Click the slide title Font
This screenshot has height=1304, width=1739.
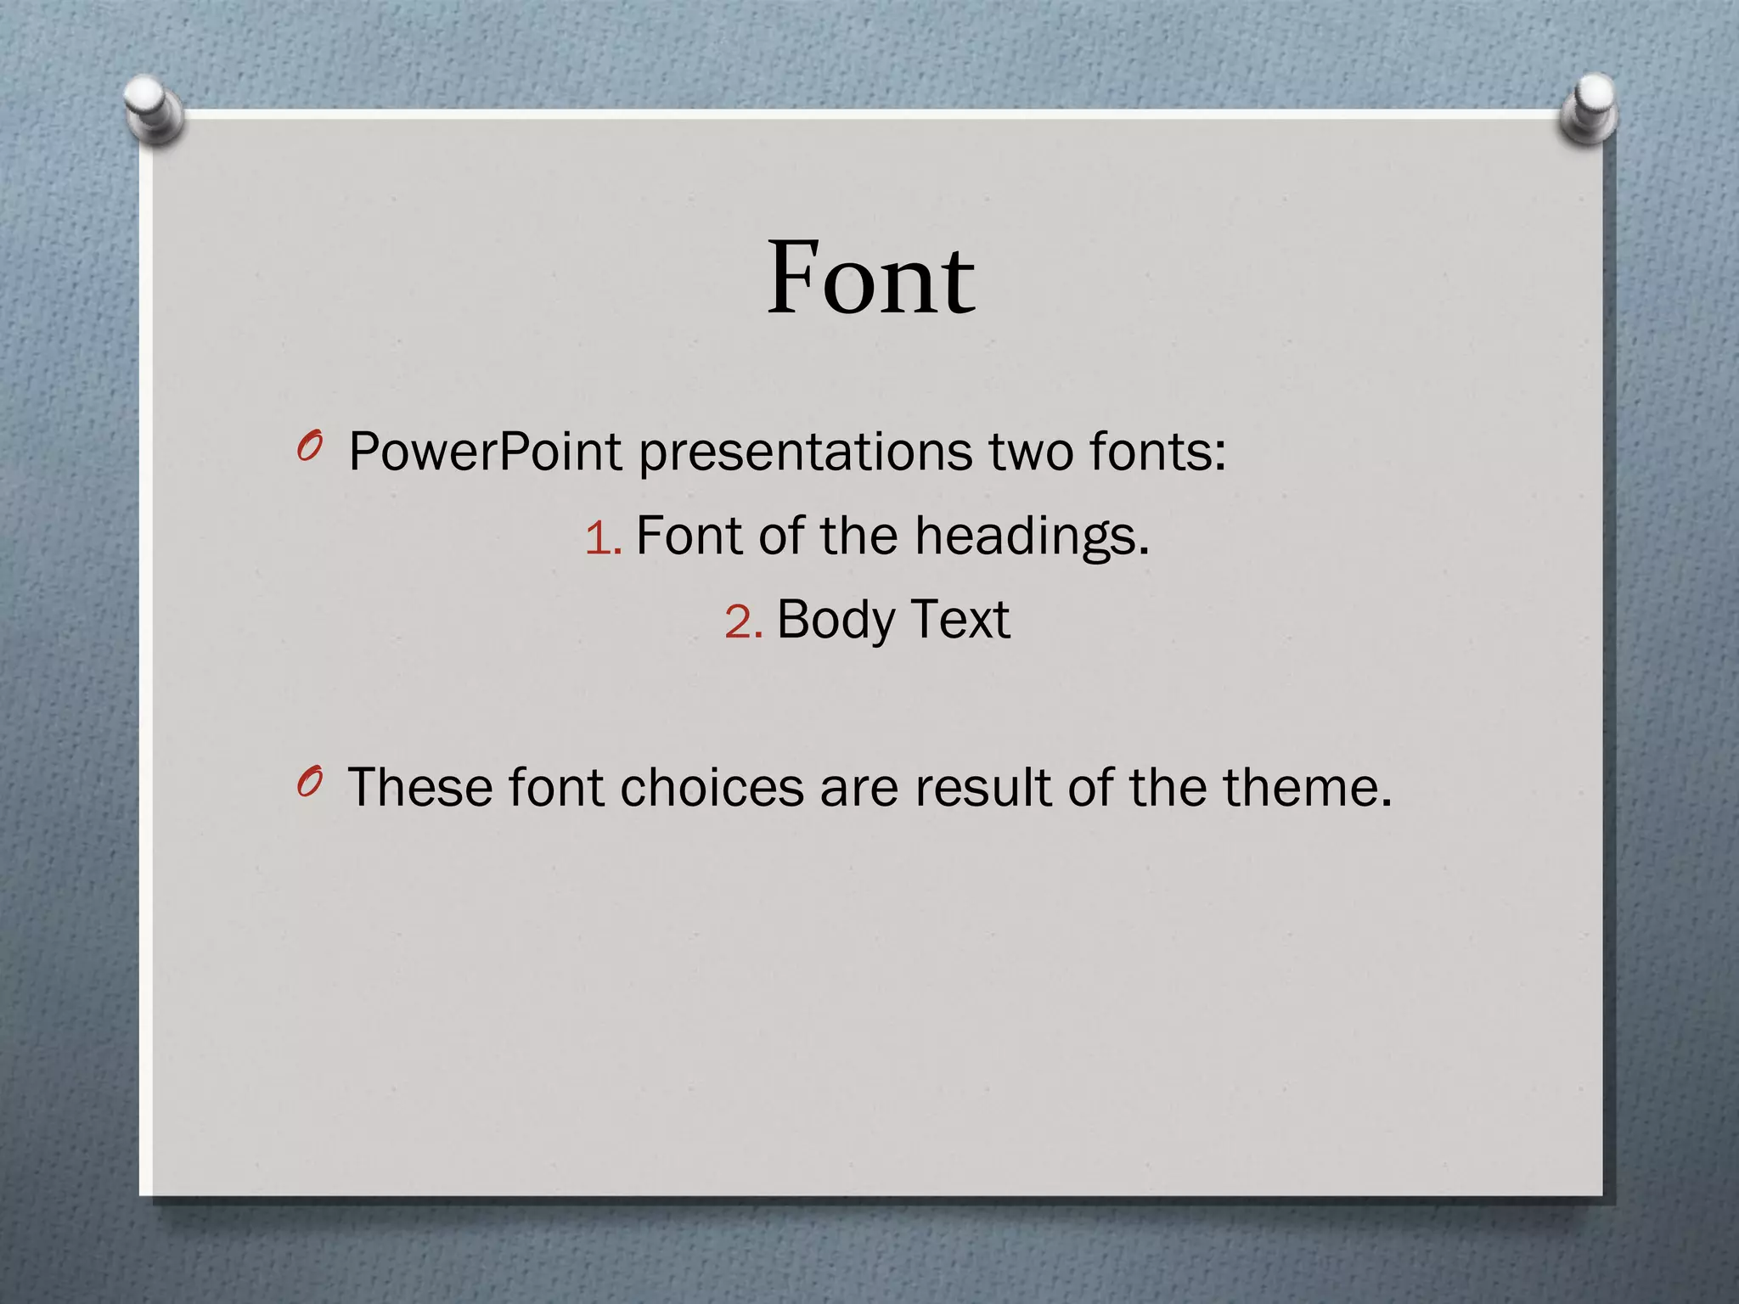click(870, 278)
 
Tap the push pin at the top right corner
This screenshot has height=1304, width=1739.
click(1589, 109)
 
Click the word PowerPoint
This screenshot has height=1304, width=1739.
click(486, 452)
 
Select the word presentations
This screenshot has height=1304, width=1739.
click(805, 453)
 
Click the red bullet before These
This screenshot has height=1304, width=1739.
click(310, 782)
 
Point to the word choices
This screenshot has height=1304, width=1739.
click(712, 788)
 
